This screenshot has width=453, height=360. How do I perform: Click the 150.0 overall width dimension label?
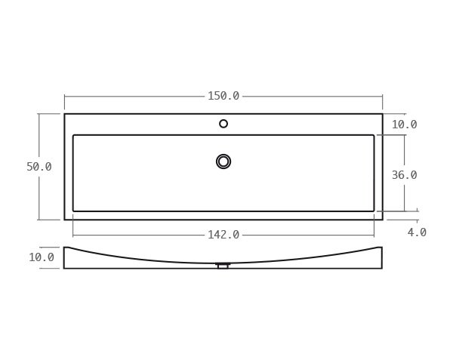click(223, 96)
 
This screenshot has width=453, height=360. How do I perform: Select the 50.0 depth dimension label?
click(39, 167)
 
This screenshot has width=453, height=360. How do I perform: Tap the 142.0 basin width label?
click(223, 235)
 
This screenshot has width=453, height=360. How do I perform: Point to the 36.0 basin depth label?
click(404, 175)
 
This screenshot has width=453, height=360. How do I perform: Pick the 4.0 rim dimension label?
click(417, 232)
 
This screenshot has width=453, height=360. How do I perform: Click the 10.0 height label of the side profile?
click(42, 257)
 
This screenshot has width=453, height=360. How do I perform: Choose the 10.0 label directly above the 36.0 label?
click(404, 125)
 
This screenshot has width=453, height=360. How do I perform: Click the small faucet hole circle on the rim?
click(223, 124)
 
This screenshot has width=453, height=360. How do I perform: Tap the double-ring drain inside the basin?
click(223, 162)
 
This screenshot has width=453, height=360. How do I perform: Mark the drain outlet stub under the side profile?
click(223, 266)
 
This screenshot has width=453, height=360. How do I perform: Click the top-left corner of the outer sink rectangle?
click(65, 114)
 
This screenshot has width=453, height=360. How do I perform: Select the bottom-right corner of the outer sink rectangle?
click(382, 220)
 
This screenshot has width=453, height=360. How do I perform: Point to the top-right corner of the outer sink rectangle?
click(382, 114)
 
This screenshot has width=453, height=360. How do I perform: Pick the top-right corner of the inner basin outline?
click(374, 135)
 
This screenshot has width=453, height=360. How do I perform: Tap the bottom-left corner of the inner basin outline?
click(73, 211)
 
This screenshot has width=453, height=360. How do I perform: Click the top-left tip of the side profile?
click(65, 248)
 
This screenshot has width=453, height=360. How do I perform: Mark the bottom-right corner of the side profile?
click(382, 268)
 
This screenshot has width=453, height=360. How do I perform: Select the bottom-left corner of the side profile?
click(64, 268)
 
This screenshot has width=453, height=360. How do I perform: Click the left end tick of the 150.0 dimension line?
click(65, 97)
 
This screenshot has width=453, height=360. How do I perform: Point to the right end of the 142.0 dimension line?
click(374, 235)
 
